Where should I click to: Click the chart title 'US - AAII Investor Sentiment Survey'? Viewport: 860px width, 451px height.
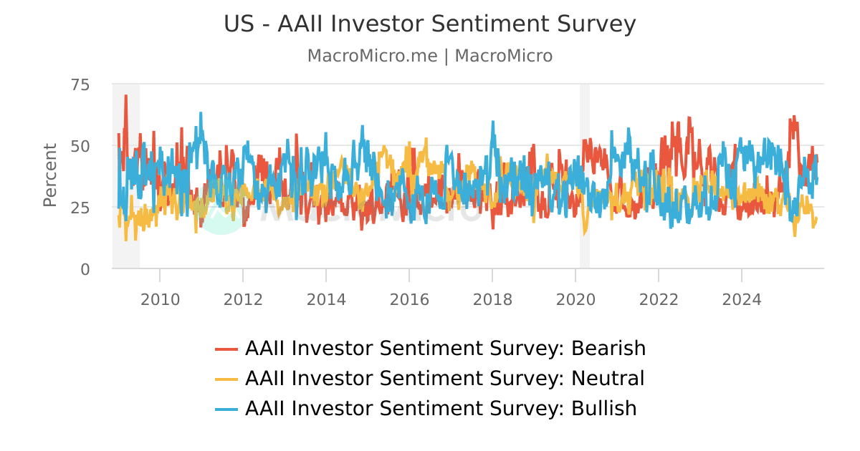coord(430,24)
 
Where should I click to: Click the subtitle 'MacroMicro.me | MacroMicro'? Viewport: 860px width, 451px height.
coord(430,56)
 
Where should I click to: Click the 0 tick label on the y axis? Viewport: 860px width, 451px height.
coord(85,269)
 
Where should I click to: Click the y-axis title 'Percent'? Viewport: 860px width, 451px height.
coord(49,175)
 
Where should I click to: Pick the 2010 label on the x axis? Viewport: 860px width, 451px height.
coord(160,299)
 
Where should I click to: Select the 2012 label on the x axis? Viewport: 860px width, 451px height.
coord(243,299)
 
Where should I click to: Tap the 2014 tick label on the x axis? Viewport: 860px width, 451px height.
coord(326,299)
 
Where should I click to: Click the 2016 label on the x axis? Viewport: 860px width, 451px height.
coord(409,299)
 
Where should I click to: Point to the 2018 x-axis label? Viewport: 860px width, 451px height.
coord(492,299)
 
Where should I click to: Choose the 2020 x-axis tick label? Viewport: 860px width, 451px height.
coord(575,299)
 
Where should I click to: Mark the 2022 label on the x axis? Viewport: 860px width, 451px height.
coord(659,299)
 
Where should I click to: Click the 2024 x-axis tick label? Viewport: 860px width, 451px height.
coord(742,299)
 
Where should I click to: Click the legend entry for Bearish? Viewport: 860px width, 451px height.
coord(445,349)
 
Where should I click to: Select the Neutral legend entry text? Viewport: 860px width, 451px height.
coord(444,379)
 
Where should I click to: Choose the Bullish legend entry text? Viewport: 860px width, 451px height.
coord(441,409)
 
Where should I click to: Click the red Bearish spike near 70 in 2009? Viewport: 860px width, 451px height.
coord(125,97)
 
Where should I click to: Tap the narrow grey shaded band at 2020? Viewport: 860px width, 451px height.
coord(585,175)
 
